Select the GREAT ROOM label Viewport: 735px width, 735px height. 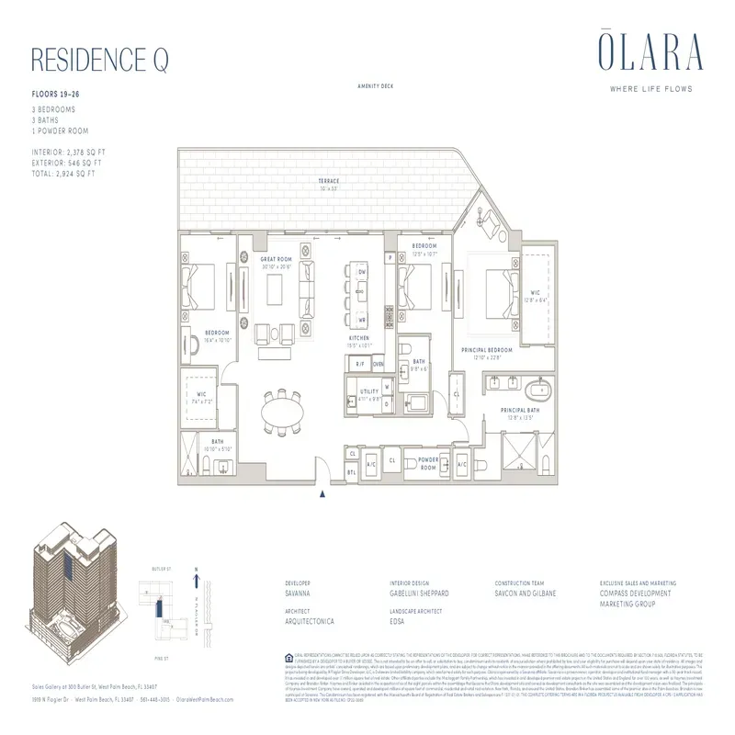[x=276, y=260]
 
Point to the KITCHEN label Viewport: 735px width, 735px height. [x=359, y=338]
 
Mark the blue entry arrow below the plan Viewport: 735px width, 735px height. [x=322, y=497]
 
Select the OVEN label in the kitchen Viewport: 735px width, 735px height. [x=378, y=365]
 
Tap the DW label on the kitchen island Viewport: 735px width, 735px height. [x=362, y=274]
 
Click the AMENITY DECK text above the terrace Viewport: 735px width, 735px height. [x=376, y=85]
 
